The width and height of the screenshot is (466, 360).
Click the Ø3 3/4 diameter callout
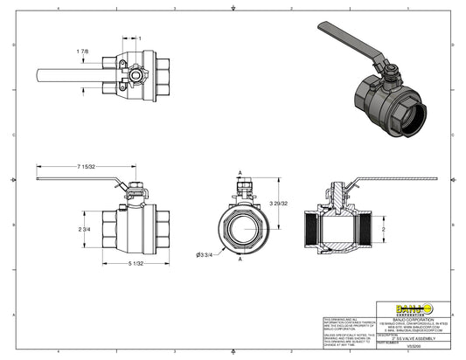(x=205, y=254)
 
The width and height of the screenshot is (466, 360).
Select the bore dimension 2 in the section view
(x=382, y=229)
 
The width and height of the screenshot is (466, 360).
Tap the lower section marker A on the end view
(x=240, y=260)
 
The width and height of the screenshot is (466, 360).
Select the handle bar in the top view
(x=70, y=73)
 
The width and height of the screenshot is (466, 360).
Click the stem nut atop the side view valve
(x=136, y=189)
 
